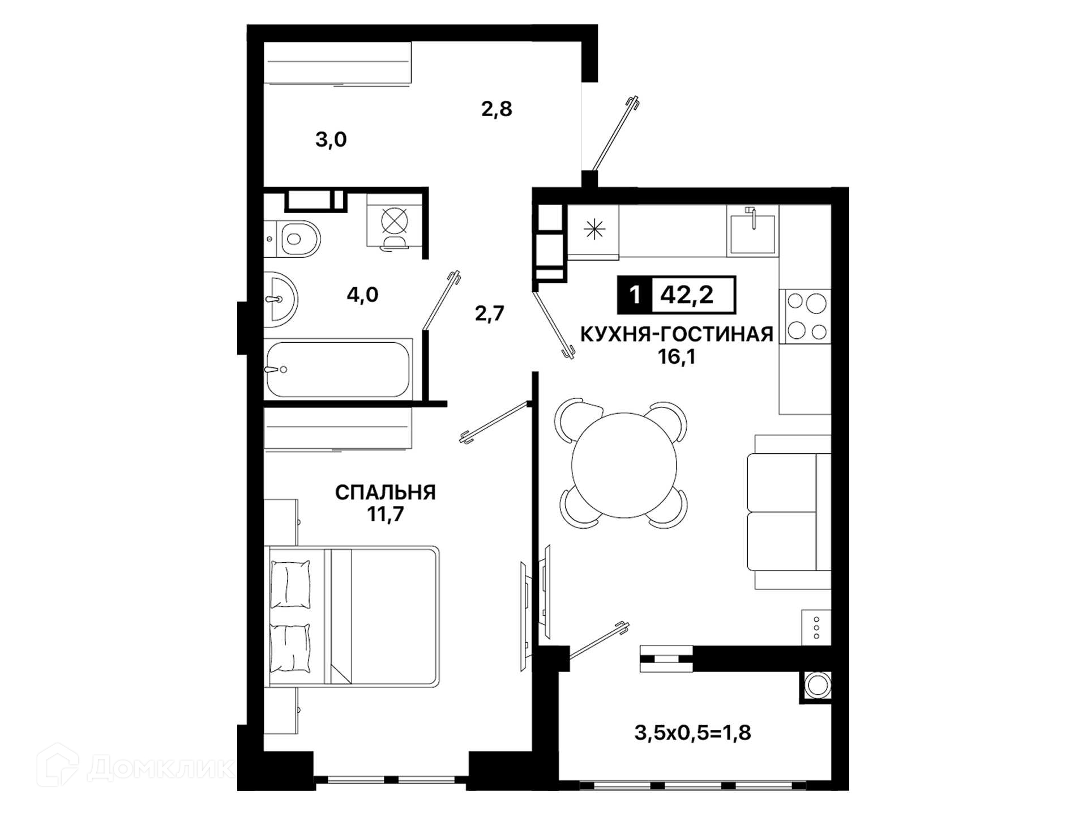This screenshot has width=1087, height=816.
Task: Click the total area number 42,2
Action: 687,295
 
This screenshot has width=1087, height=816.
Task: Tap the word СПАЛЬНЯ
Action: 386,492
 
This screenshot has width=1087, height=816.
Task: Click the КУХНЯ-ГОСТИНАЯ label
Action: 677,334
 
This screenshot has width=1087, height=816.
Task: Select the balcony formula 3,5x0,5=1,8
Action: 692,733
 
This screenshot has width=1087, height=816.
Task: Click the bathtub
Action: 339,369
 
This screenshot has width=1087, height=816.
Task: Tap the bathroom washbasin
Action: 281,299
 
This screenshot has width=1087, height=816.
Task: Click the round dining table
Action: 624,465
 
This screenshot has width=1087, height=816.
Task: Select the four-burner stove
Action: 805,316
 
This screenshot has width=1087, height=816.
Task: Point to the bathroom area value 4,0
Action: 362,295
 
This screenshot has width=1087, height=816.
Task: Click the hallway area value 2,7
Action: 489,313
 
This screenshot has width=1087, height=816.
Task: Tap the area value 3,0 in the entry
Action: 331,139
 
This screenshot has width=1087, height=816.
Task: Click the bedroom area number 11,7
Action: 386,515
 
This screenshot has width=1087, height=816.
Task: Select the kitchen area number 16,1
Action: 677,357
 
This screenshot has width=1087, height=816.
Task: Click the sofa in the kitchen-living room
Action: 789,512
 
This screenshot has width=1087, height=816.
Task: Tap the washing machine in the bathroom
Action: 394,221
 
